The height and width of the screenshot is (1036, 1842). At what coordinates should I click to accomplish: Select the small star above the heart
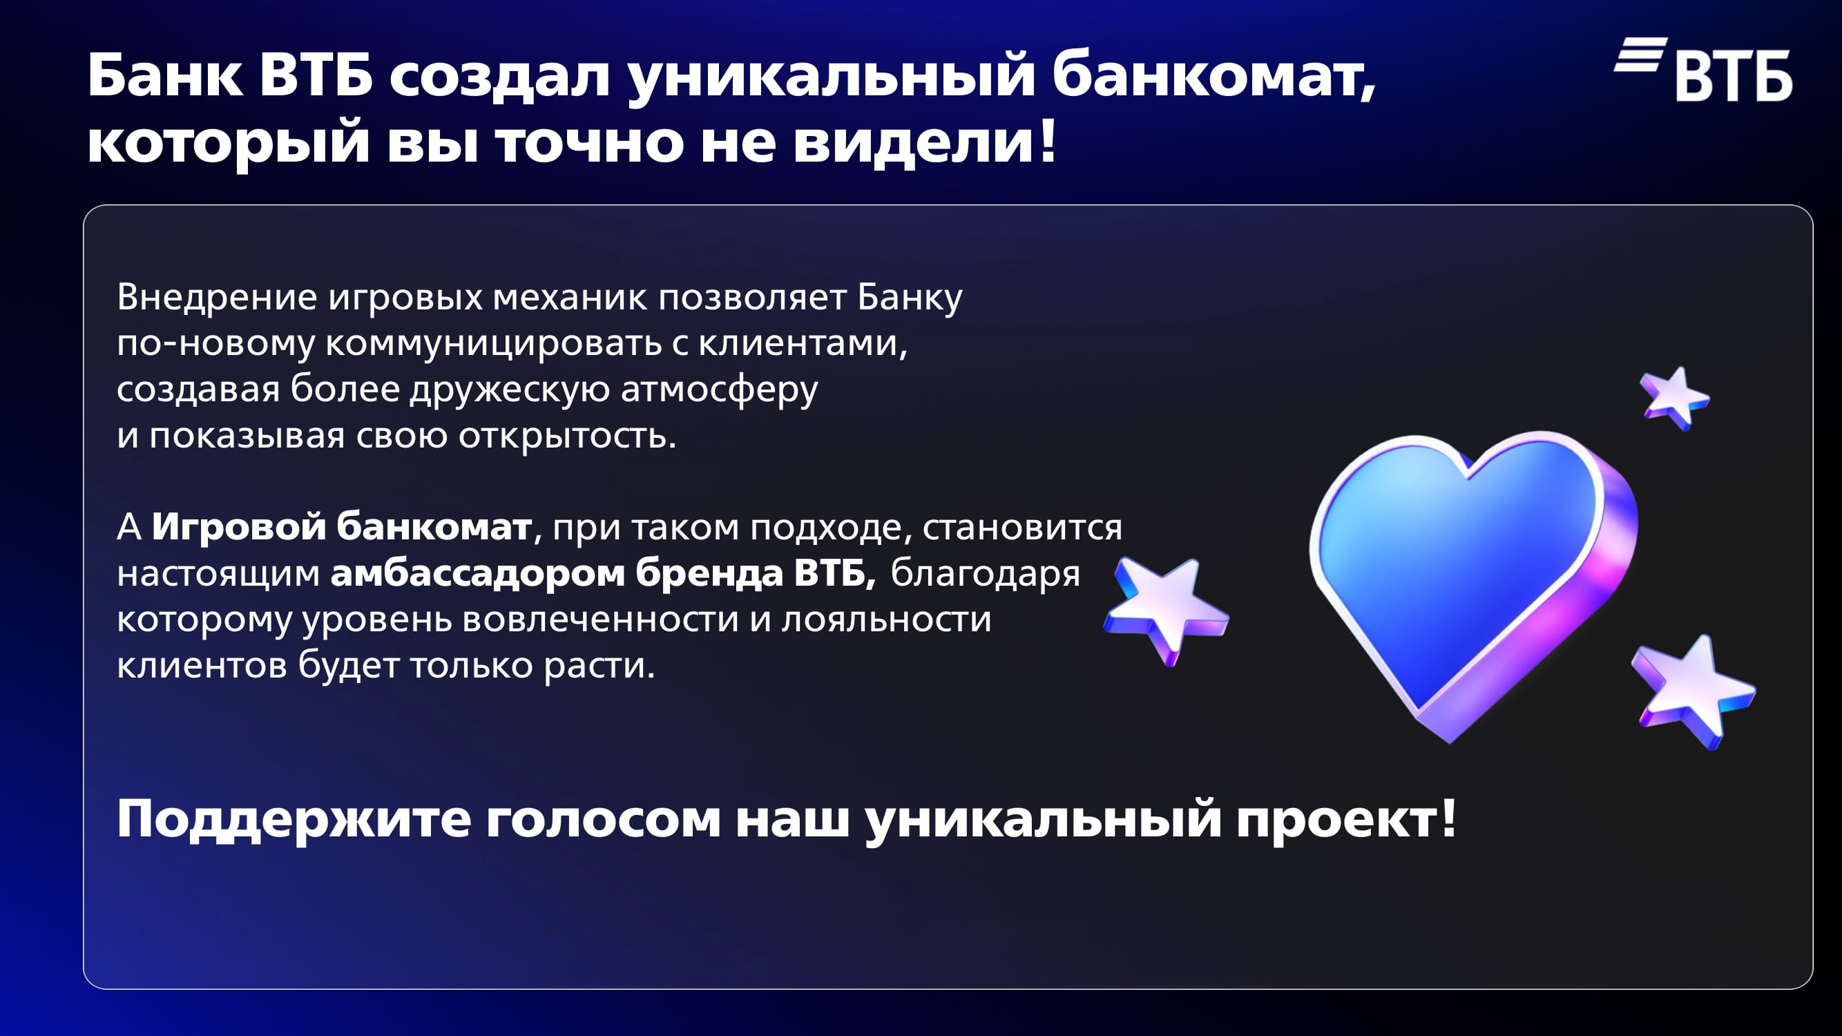(1673, 398)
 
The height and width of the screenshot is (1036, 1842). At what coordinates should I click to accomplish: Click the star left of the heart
(1166, 608)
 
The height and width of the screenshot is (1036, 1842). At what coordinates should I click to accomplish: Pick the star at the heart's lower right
(1694, 690)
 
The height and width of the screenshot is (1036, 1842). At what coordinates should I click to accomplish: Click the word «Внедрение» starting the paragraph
(217, 298)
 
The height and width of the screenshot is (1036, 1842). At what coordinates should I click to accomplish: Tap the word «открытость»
(567, 436)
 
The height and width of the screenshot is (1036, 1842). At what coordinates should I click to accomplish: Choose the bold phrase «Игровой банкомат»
(341, 527)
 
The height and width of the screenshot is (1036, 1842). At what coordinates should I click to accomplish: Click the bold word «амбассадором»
(478, 573)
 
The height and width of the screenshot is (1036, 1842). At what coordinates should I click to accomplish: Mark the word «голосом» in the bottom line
(603, 820)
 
